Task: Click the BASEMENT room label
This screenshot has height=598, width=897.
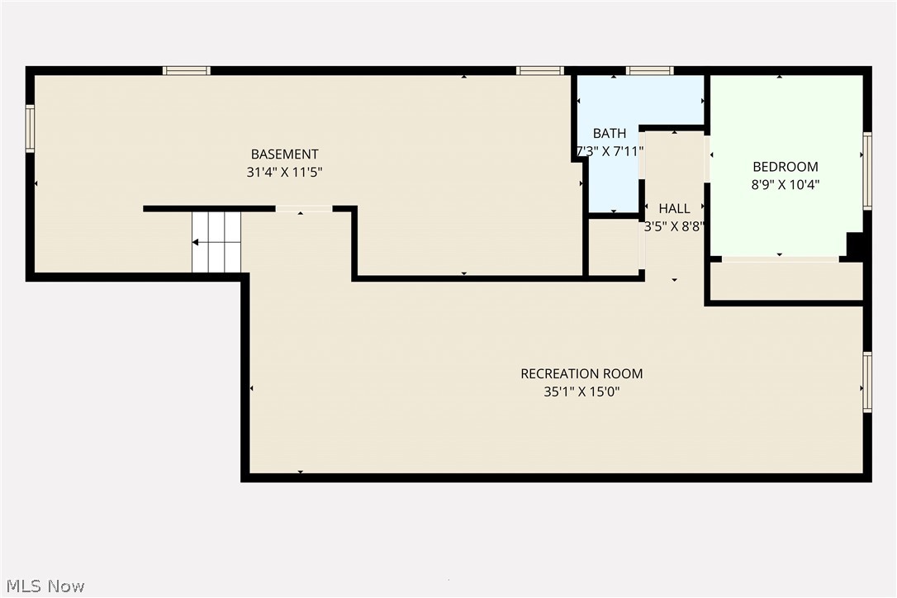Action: click(x=284, y=154)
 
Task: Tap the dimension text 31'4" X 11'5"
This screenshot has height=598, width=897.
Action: click(x=284, y=173)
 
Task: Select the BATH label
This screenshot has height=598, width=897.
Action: click(x=610, y=133)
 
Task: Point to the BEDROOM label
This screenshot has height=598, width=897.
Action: click(x=785, y=166)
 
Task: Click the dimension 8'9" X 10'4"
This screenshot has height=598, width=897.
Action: click(x=785, y=185)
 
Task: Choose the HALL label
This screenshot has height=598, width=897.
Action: click(x=674, y=208)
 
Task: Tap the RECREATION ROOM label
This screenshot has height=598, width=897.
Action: click(x=581, y=373)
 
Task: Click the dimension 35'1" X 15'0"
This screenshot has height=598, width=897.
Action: click(x=581, y=392)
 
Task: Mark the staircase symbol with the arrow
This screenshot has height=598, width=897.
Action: click(x=217, y=241)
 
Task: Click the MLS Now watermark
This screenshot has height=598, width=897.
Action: click(x=43, y=586)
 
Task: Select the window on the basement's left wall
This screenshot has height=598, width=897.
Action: click(x=31, y=129)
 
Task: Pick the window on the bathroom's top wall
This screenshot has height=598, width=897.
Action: click(x=649, y=71)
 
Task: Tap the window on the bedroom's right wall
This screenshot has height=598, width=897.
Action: click(x=867, y=170)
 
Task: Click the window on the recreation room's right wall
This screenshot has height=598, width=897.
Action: click(x=867, y=382)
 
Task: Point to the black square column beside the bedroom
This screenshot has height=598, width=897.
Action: click(x=855, y=246)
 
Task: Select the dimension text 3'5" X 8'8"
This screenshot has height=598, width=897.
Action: click(x=674, y=226)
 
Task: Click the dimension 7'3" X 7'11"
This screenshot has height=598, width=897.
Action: click(x=610, y=151)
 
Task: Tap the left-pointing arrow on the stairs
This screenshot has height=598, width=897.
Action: click(x=197, y=243)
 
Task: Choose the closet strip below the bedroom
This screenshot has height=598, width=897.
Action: click(x=786, y=282)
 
